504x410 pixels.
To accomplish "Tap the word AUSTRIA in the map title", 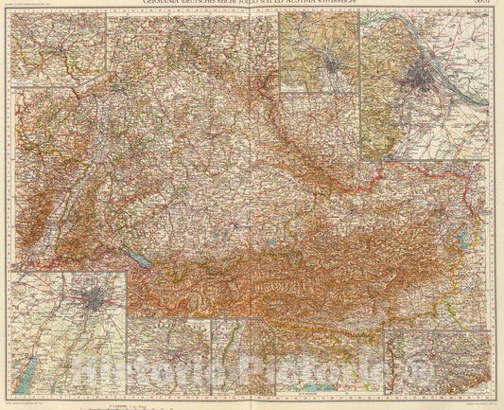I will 336,5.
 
